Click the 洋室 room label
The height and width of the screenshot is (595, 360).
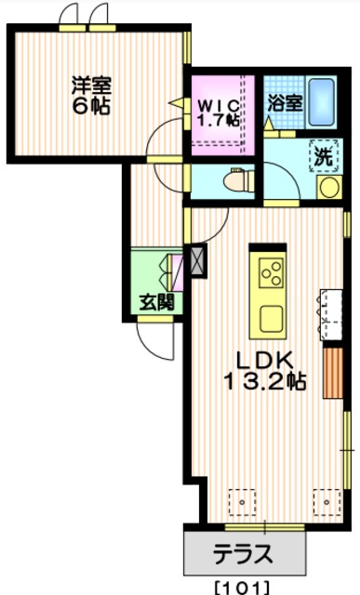[x=87, y=85]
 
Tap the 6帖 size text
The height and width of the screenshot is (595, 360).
[x=87, y=105]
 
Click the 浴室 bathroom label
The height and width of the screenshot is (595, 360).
[x=283, y=102]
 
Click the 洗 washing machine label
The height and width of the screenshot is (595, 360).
[x=323, y=156]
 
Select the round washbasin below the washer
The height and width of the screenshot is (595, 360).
[x=328, y=186]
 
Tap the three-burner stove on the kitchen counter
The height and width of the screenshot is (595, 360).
[x=271, y=271]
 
